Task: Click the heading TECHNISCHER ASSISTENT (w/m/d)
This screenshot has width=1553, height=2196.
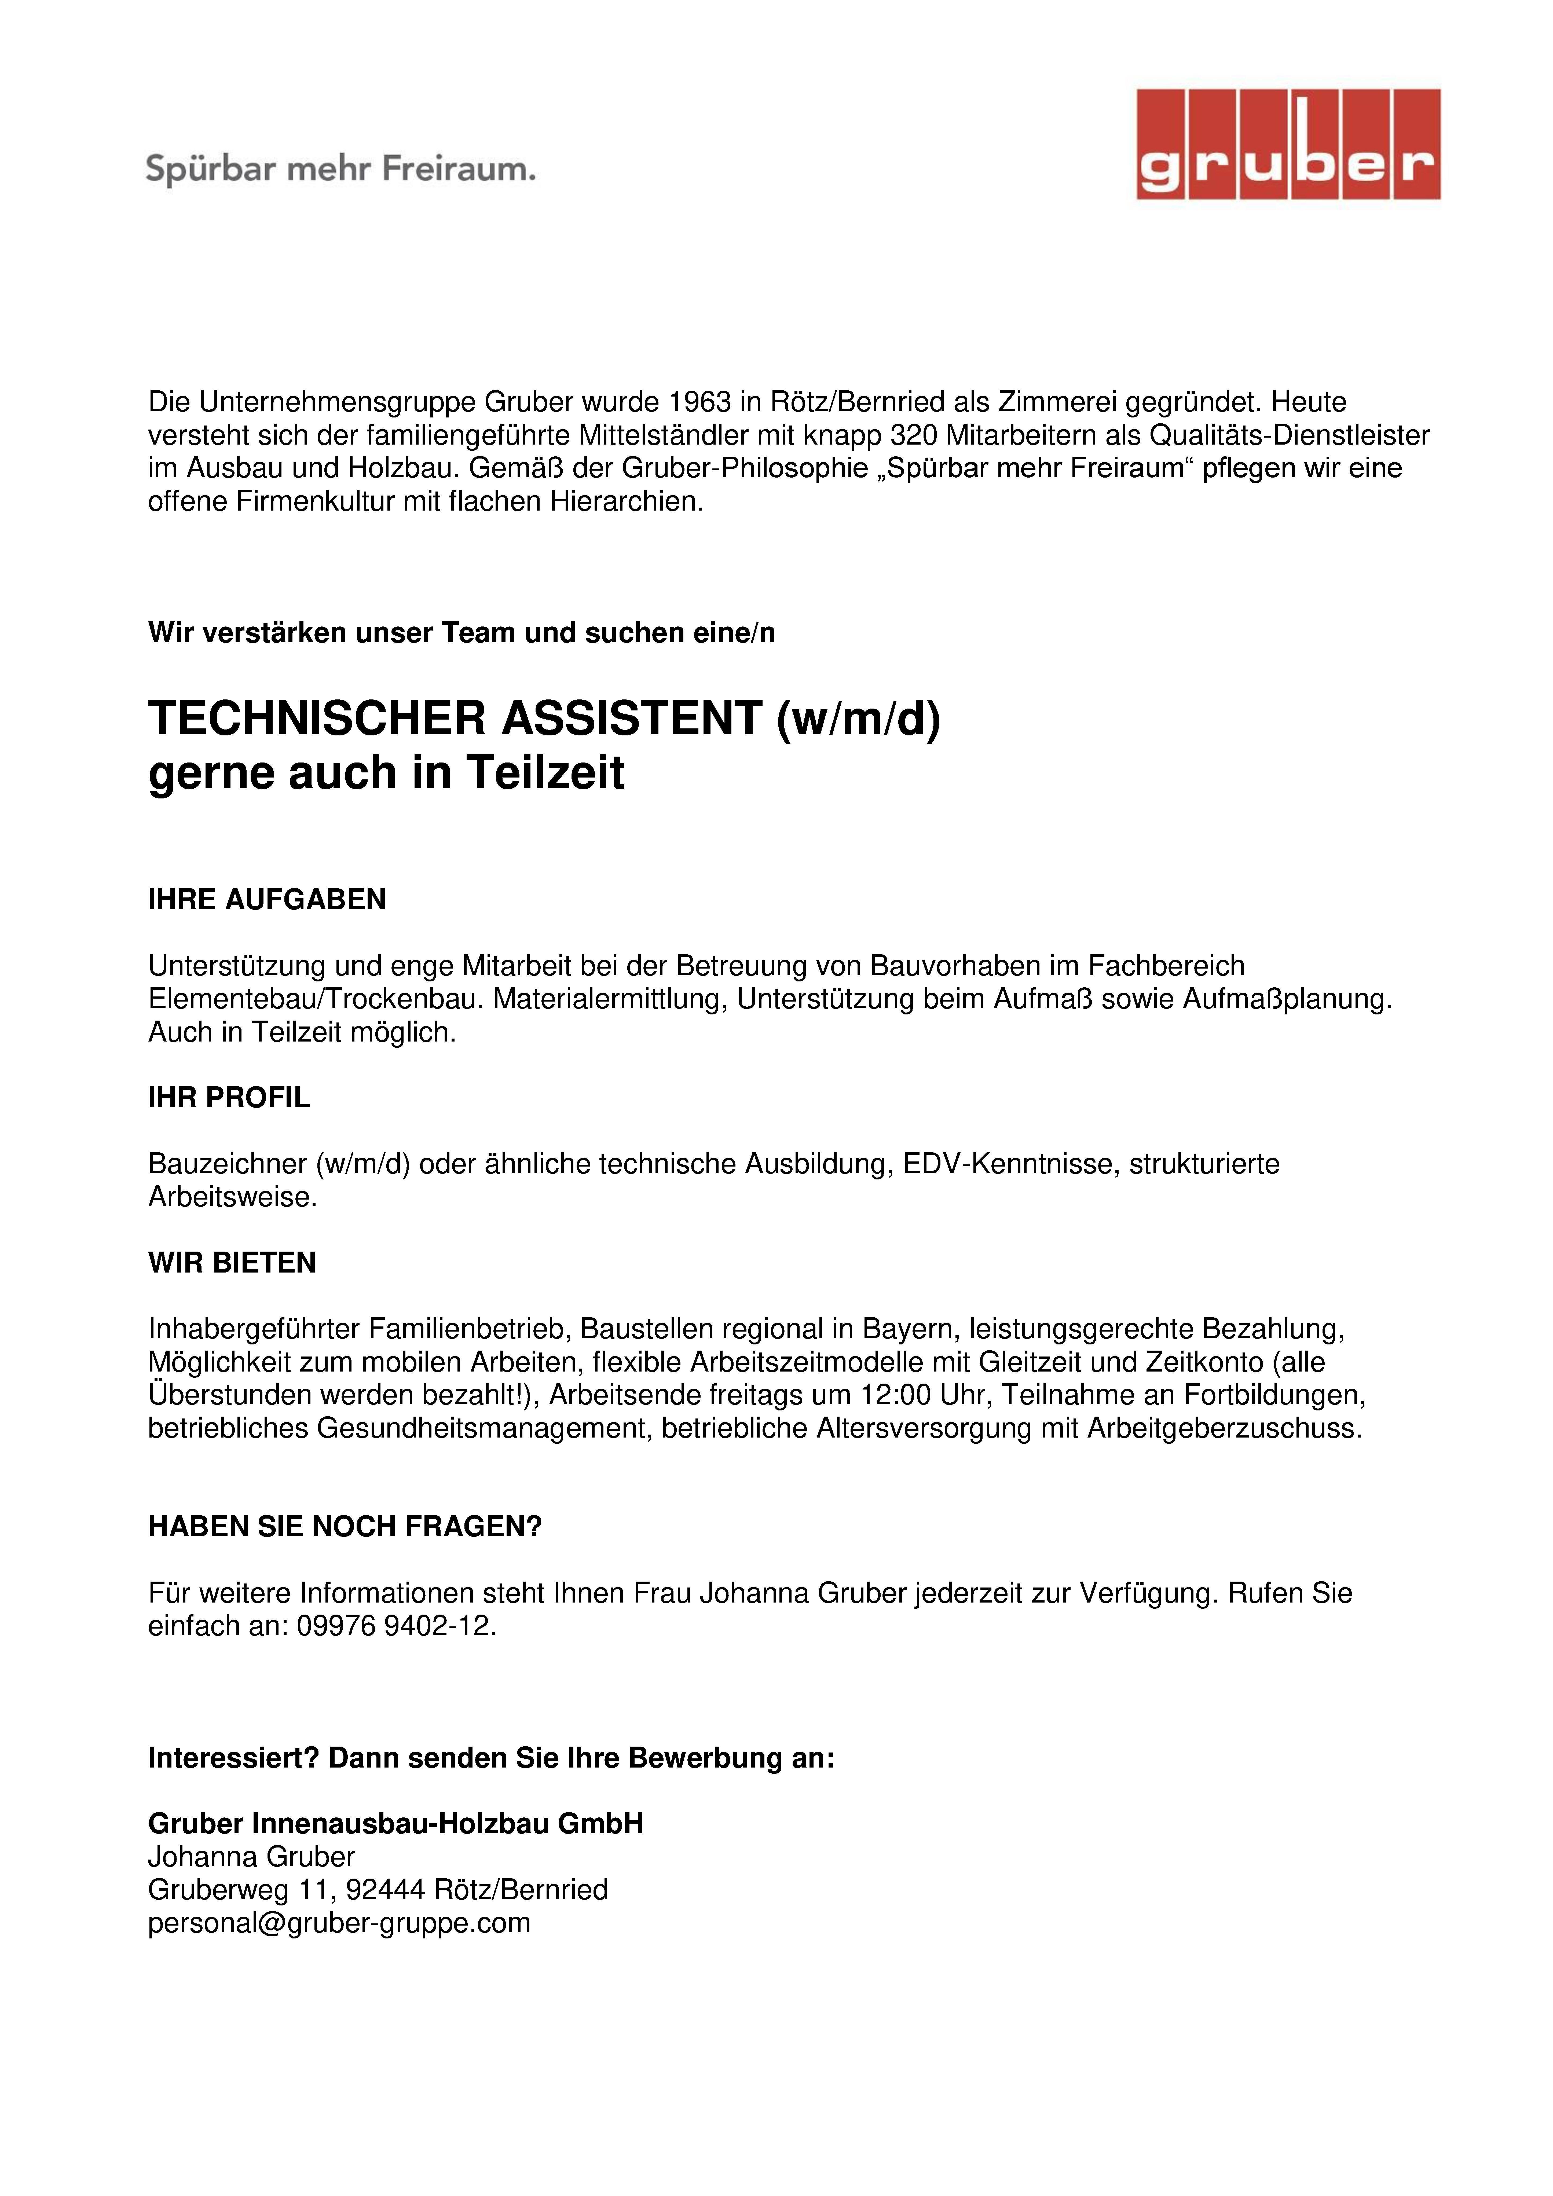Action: [x=544, y=719]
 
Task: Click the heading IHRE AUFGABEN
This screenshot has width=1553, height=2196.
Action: [x=267, y=899]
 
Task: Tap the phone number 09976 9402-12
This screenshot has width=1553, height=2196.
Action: [x=395, y=1626]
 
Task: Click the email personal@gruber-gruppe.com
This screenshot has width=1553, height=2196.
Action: [x=339, y=1922]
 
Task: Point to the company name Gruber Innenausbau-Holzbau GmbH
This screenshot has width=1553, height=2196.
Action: [x=395, y=1824]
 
